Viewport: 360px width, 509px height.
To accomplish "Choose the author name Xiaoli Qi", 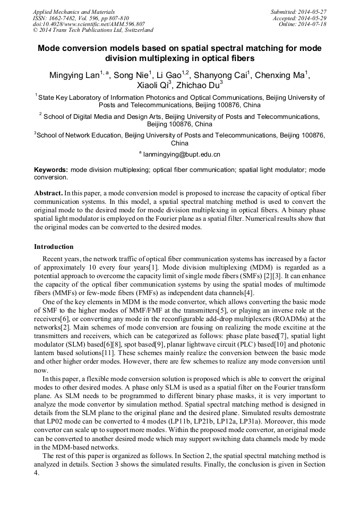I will pyautogui.click(x=153, y=86).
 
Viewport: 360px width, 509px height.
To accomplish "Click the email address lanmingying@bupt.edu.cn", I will pyautogui.click(x=182, y=154).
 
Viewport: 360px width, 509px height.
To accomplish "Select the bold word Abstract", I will pyautogui.click(x=48, y=192).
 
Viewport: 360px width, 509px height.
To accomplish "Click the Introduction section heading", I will pyautogui.click(x=54, y=247).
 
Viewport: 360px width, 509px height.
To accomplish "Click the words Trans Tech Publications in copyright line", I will pyautogui.click(x=71, y=31).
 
